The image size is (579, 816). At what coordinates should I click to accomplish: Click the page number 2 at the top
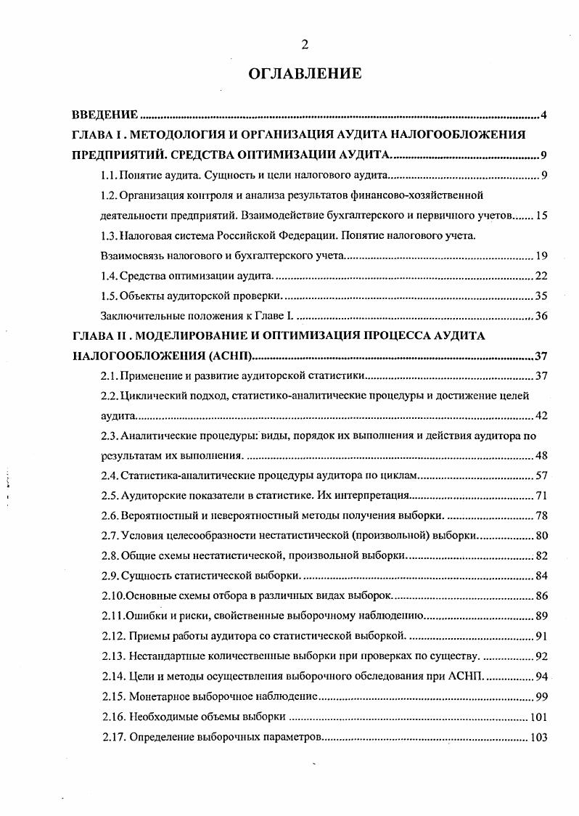(305, 45)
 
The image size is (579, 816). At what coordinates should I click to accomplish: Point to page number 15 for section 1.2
(541, 216)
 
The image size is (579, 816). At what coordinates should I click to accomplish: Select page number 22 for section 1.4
(541, 276)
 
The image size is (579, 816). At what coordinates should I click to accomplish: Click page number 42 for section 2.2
(541, 416)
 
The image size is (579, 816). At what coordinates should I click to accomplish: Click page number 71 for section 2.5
(541, 496)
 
